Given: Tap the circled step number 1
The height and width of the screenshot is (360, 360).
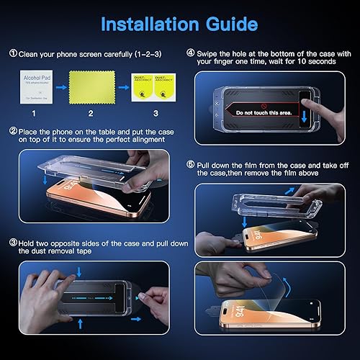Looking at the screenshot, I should tap(13, 53).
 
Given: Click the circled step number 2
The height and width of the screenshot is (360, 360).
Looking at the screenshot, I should tap(13, 132).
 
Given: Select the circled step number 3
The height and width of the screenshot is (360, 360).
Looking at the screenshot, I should tap(13, 243).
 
